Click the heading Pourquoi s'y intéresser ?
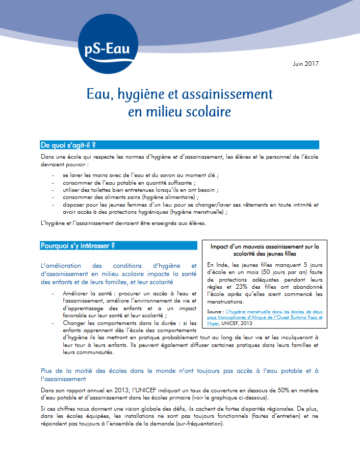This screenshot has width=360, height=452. click(78, 245)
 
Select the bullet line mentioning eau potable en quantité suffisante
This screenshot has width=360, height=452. click(129, 182)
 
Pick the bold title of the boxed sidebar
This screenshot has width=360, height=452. click(264, 250)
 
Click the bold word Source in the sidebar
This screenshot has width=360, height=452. click(217, 311)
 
